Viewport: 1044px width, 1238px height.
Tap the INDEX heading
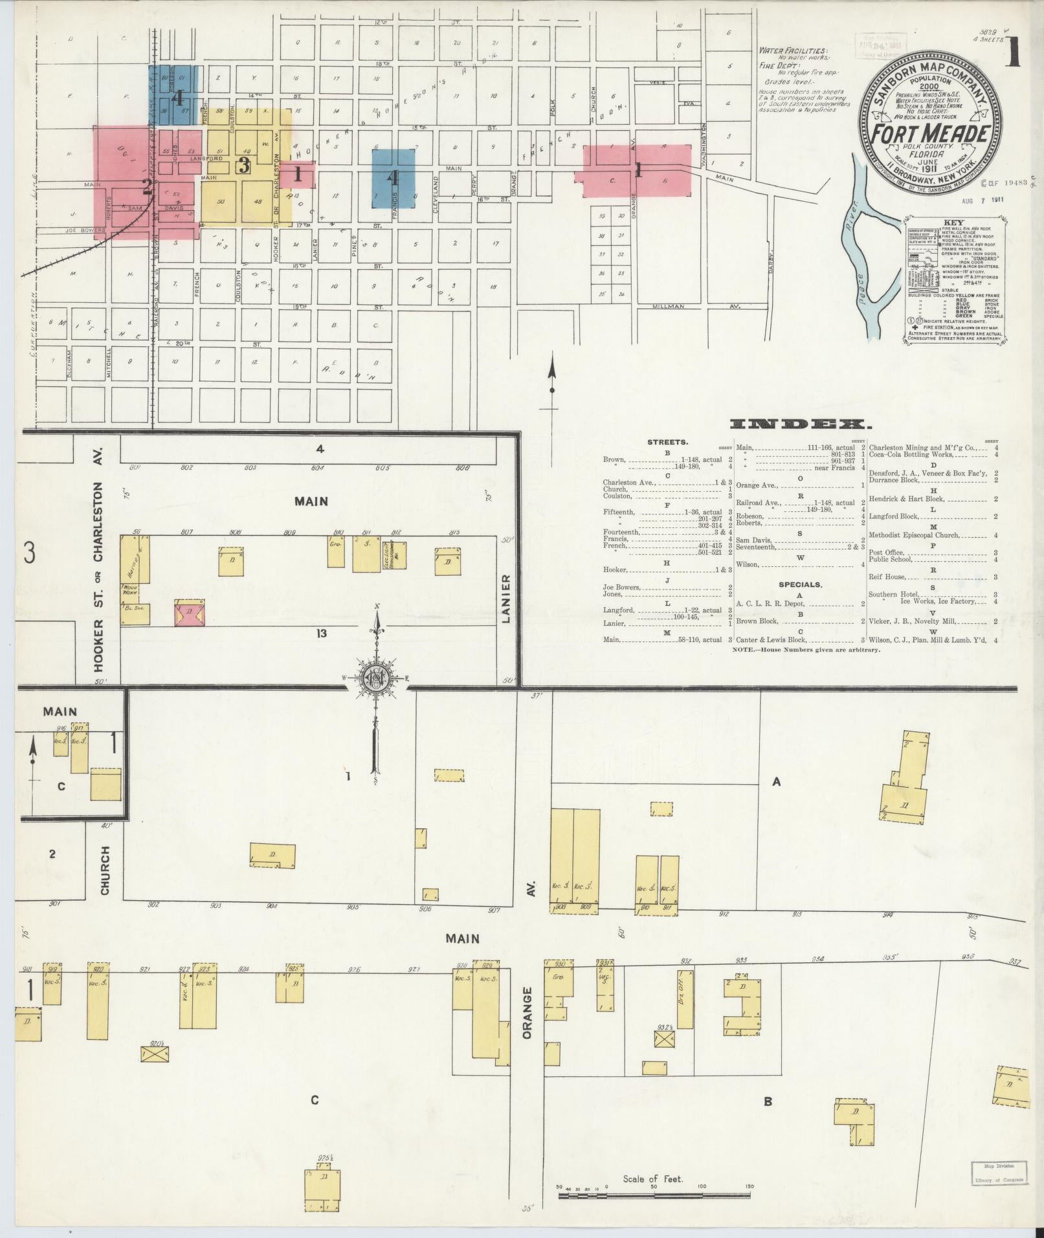800,425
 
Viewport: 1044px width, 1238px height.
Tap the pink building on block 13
190,612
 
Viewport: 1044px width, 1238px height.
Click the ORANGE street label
528,1022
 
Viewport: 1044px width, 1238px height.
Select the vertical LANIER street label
507,599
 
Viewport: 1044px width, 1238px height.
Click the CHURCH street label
105,870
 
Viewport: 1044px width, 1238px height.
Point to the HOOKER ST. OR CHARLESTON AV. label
98,560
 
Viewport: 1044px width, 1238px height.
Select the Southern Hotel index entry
887,594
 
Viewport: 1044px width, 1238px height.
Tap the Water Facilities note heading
794,50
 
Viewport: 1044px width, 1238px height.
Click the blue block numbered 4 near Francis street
394,178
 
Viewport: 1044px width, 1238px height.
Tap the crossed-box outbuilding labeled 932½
663,1057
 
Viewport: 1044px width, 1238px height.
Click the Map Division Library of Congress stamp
998,1173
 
